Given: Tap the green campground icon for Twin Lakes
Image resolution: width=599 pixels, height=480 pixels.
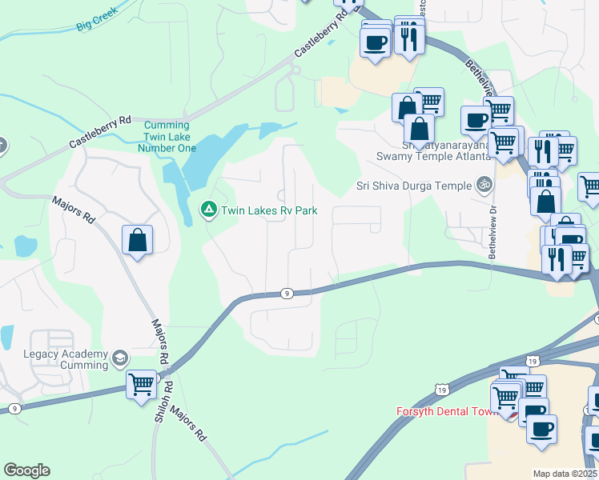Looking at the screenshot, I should click(208, 210).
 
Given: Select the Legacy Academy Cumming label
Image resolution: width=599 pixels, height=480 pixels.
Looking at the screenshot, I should click(66, 360).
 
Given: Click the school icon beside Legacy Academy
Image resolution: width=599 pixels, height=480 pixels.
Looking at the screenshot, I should click(120, 357).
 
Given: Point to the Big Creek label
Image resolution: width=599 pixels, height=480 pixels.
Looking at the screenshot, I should click(97, 18).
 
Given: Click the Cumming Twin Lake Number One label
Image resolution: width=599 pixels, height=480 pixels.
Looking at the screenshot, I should click(167, 137).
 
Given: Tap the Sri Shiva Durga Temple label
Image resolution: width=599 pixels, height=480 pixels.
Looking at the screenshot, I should click(414, 186).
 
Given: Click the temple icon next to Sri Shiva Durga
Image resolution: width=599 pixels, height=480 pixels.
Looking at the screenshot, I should click(483, 185).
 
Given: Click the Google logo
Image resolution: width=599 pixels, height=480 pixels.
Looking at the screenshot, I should click(26, 470).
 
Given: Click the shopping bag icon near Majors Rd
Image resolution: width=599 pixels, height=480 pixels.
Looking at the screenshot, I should click(137, 239).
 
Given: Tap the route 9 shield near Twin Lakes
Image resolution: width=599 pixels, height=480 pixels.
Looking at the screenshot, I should click(287, 294).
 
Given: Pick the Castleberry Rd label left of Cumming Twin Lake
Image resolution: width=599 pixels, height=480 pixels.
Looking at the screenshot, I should click(100, 131).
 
